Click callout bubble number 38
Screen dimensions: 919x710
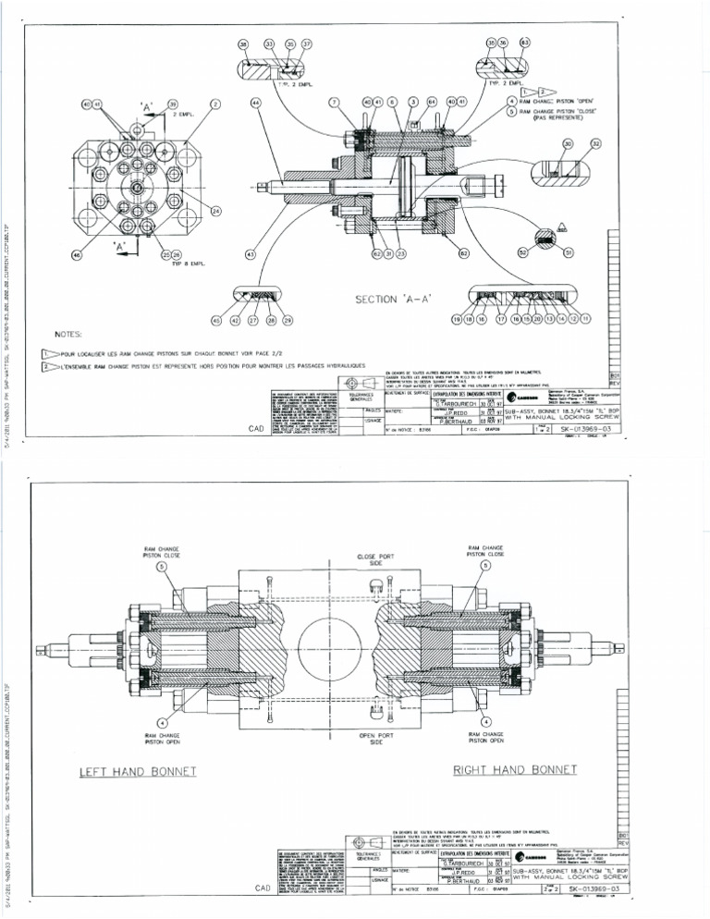[243, 43]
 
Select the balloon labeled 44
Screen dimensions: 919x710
[255, 104]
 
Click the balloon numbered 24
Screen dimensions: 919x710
[216, 212]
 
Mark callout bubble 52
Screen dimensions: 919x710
[522, 251]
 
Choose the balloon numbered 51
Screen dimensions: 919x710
[569, 251]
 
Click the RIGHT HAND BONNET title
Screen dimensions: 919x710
[515, 769]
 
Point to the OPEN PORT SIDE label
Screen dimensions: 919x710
[370, 738]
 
